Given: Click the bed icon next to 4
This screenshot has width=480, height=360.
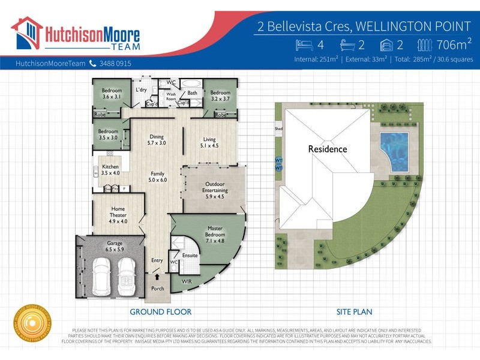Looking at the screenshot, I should tap(305, 44).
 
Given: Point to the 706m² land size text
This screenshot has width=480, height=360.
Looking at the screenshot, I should tap(454, 44).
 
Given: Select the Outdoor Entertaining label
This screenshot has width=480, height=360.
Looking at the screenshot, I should tap(214, 191).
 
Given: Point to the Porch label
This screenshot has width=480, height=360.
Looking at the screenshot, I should tap(157, 289).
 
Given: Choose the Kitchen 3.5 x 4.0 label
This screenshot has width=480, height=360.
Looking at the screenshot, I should tap(110, 170).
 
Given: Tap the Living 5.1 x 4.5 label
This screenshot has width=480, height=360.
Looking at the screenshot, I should tap(209, 142).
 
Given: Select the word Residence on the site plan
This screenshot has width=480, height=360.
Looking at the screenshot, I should tap(328, 149).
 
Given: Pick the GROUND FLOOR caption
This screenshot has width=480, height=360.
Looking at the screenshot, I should tap(161, 312).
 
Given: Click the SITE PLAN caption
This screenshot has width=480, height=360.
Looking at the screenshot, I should tap(354, 312).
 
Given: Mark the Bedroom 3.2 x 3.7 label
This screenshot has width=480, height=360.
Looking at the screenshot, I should tap(220, 96).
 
